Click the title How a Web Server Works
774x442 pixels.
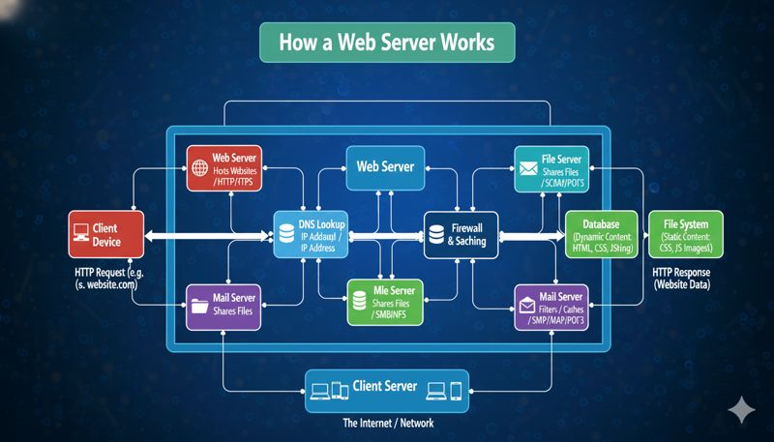click(387, 44)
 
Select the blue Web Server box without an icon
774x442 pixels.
click(385, 166)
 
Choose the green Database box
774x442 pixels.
click(601, 235)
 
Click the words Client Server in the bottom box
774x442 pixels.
click(386, 387)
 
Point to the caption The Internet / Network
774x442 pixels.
click(387, 424)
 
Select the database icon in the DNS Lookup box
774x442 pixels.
click(287, 235)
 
